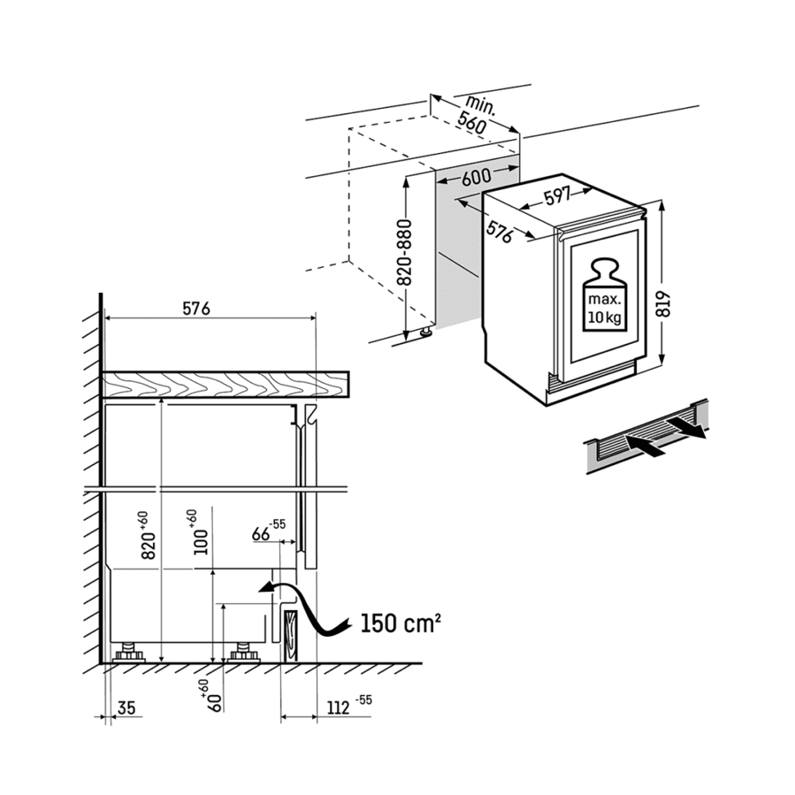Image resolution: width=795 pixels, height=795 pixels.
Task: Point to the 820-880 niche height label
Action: click(405, 252)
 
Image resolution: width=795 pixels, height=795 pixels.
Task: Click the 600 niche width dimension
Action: click(476, 176)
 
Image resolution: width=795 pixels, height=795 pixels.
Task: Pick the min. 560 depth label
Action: click(476, 115)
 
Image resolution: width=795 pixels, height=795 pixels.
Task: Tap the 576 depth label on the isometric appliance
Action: click(500, 232)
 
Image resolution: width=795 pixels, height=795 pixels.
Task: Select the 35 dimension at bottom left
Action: click(126, 707)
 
